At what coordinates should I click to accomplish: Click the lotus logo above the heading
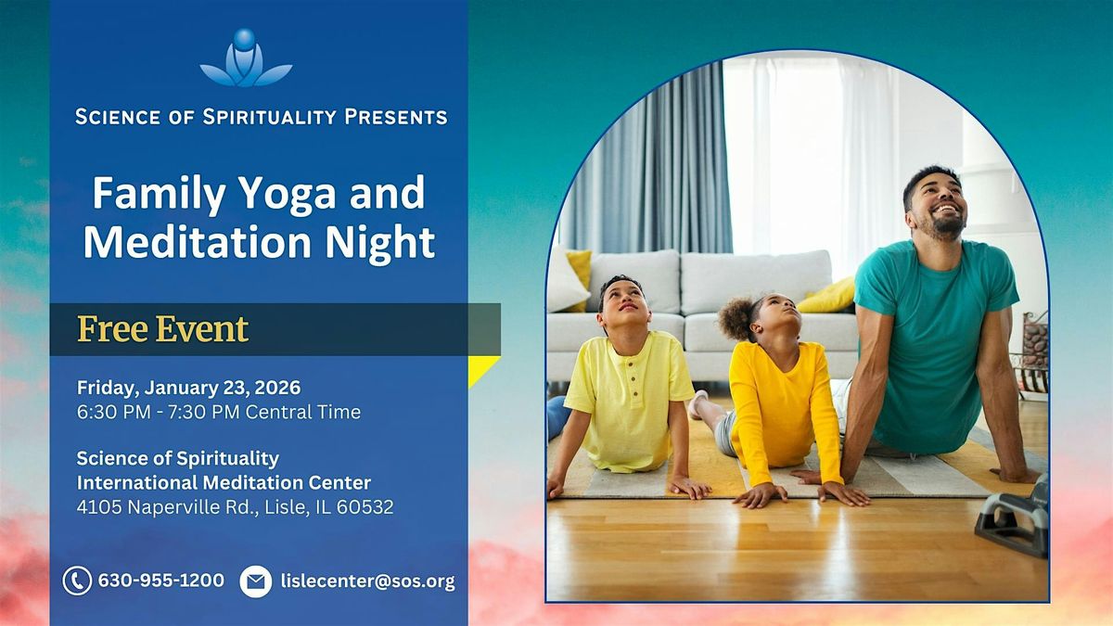click(246, 59)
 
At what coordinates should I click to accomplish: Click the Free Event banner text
click(163, 329)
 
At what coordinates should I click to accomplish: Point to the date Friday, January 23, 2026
click(188, 387)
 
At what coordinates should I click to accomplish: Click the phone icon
click(77, 581)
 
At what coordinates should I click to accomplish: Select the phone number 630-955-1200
click(161, 581)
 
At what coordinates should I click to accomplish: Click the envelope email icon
click(255, 581)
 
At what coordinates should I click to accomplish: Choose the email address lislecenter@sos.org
click(367, 581)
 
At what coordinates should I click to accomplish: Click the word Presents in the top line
click(396, 117)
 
